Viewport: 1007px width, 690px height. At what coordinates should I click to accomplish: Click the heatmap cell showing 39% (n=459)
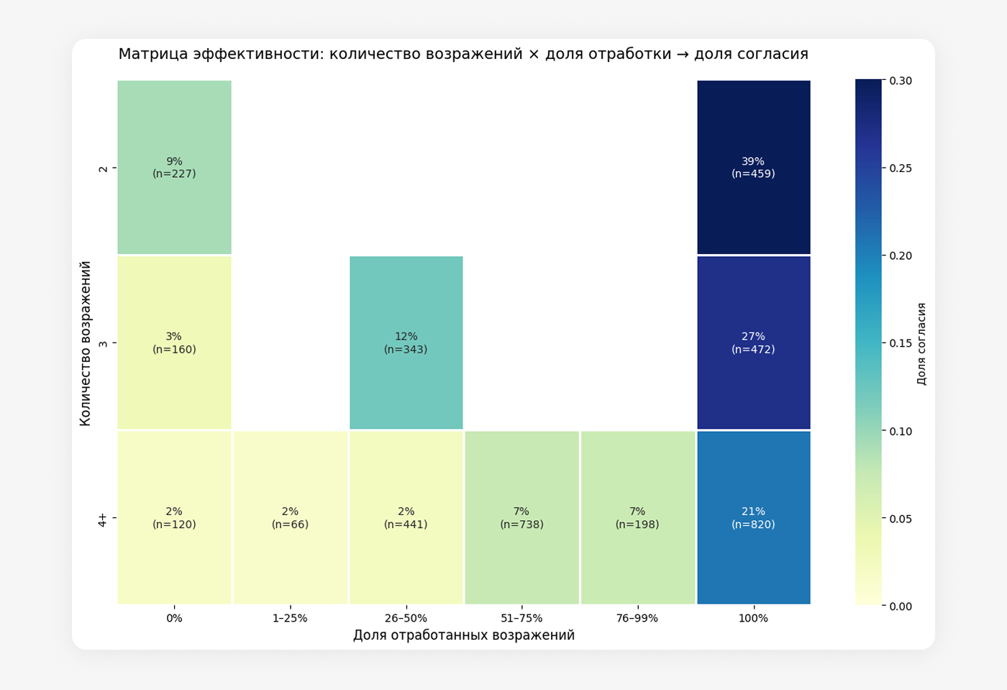753,167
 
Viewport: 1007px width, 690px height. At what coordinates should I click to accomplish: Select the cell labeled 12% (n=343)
406,342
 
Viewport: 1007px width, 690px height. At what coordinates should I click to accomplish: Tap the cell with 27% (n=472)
753,342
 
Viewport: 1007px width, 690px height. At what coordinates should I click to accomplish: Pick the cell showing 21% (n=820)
753,517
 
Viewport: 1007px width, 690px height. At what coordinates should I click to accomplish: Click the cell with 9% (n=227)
174,167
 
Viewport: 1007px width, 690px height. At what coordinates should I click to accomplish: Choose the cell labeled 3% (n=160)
174,342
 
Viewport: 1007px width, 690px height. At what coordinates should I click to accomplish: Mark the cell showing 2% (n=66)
290,517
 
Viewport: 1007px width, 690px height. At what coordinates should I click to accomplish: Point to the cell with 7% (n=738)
521,517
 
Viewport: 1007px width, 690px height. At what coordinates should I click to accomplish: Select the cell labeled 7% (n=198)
637,517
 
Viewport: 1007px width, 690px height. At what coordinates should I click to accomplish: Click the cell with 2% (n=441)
406,517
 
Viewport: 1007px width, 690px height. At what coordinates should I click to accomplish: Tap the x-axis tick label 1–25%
290,618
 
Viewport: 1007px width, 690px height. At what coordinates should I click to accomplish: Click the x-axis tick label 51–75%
521,618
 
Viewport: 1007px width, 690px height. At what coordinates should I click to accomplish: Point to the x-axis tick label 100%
753,618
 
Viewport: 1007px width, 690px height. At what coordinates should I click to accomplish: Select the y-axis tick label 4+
103,519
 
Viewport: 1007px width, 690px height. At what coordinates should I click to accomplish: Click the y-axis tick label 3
103,343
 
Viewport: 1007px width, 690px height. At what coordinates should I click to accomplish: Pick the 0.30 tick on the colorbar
901,81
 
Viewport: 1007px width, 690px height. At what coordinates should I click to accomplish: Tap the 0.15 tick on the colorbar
901,343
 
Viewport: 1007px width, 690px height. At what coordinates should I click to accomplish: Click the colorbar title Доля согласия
921,343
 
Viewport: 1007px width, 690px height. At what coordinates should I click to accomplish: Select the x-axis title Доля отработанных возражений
464,635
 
